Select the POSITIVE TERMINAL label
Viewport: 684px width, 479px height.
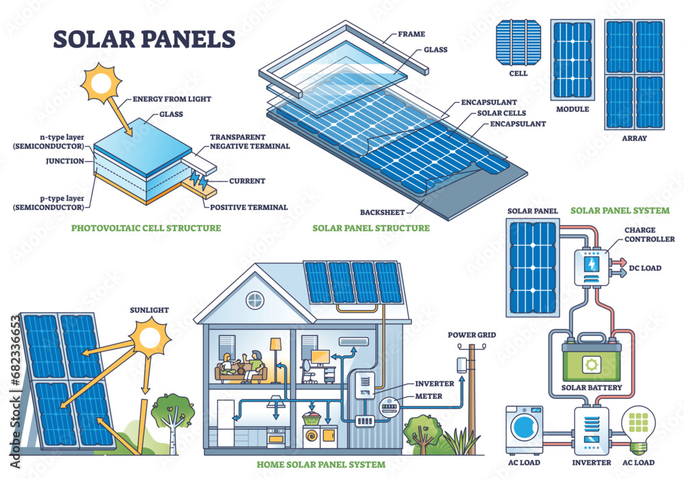point(249,207)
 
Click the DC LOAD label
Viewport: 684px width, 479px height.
point(646,268)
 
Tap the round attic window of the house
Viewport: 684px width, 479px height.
point(254,299)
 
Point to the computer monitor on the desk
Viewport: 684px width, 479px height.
point(320,357)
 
